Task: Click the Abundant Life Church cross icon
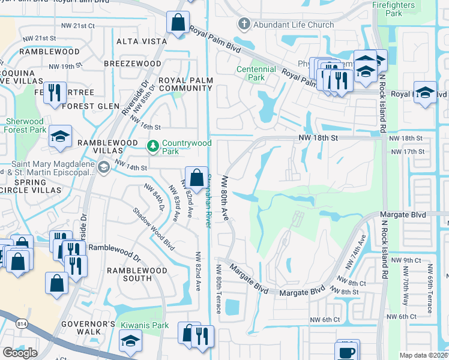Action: click(x=244, y=25)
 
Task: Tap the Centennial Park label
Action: click(x=256, y=73)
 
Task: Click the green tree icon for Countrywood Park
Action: click(x=153, y=146)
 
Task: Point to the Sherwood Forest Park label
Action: click(x=25, y=125)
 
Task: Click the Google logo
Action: click(x=20, y=352)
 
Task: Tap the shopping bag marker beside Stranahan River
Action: click(x=196, y=177)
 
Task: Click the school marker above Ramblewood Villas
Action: click(x=60, y=136)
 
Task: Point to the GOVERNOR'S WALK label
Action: click(x=88, y=328)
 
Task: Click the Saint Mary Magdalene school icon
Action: click(x=104, y=166)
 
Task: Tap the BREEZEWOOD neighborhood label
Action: click(x=132, y=64)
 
